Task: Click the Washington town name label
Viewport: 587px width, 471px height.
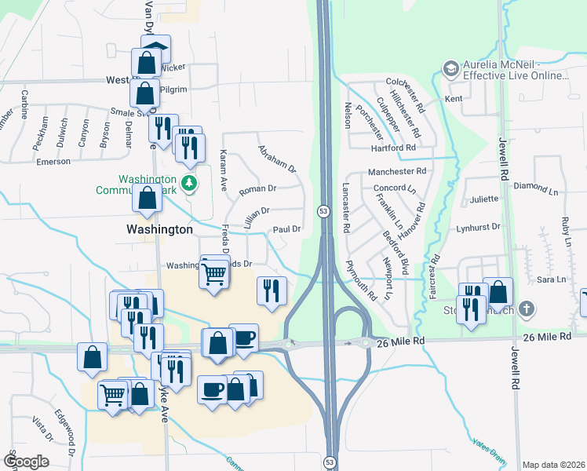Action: click(x=159, y=229)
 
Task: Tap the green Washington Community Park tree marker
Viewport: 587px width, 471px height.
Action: click(x=188, y=184)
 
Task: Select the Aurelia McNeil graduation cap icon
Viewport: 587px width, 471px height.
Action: click(x=450, y=69)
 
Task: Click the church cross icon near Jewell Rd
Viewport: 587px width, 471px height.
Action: click(x=527, y=309)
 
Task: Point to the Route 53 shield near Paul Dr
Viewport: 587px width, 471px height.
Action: click(x=323, y=211)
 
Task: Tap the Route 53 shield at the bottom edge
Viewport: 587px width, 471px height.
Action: click(x=330, y=462)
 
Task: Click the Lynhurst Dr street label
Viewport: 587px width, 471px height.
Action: click(x=478, y=227)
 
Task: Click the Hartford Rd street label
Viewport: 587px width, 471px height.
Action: click(x=393, y=148)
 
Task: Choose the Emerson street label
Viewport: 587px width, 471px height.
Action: click(x=53, y=162)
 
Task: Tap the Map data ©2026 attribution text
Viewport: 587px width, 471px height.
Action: click(x=554, y=465)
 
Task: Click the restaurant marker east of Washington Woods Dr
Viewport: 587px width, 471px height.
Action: click(x=269, y=292)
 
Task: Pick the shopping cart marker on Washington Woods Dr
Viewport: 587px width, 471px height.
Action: click(x=213, y=275)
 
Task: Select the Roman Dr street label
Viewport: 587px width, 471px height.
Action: click(x=258, y=188)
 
